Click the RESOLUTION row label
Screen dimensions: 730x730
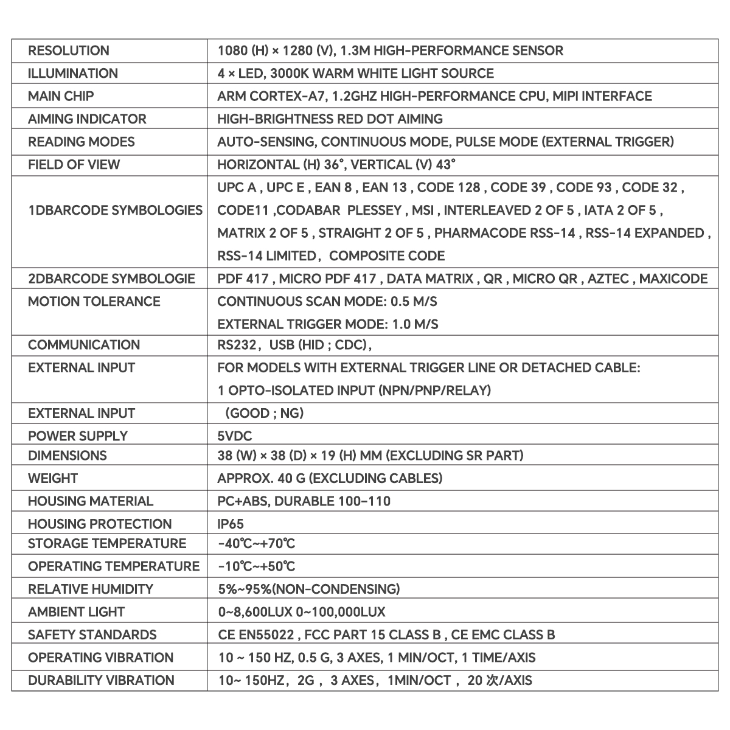coord(69,50)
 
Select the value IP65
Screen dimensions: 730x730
coord(231,524)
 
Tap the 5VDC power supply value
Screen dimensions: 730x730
coord(234,436)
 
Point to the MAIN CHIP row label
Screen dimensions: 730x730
coord(61,96)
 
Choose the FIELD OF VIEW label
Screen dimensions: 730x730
coord(74,164)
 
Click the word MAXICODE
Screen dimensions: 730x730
coord(673,279)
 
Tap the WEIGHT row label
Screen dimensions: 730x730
coord(53,478)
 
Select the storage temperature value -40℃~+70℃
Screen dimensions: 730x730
coord(256,543)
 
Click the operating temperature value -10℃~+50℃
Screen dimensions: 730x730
coord(256,566)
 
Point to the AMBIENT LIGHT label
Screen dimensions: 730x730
coord(76,612)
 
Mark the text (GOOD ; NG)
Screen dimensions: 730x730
coord(264,414)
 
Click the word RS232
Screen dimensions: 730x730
coord(237,345)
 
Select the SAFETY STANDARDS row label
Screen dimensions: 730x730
coord(92,634)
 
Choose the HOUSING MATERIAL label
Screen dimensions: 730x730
coord(91,501)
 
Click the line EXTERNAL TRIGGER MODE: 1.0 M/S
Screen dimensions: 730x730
coord(327,324)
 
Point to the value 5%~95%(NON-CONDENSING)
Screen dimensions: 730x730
coord(308,589)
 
